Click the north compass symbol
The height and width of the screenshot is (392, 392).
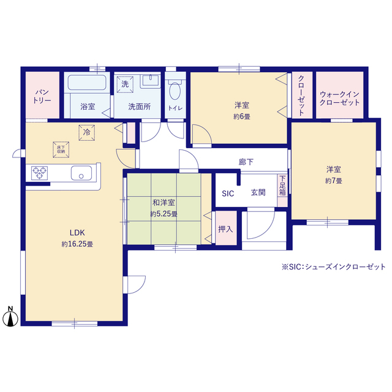(x=10, y=317)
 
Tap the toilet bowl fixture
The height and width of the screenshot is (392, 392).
(x=175, y=89)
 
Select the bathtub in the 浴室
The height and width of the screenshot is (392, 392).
(x=87, y=82)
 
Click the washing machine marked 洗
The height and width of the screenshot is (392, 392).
(x=125, y=85)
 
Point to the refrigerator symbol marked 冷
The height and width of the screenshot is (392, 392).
(x=87, y=132)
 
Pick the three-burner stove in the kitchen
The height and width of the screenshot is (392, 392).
(x=39, y=173)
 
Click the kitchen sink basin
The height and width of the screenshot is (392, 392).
(x=81, y=173)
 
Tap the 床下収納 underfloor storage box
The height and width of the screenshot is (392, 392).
(x=61, y=149)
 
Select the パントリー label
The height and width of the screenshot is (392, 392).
(x=42, y=96)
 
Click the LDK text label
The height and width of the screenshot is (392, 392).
(x=77, y=233)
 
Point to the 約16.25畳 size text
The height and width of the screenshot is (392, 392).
(x=77, y=244)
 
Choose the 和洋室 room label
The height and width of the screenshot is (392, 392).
(x=164, y=203)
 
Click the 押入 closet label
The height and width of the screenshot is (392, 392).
(x=225, y=229)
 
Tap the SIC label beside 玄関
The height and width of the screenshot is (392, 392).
(x=228, y=194)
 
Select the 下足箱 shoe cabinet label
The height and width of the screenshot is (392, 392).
(x=282, y=186)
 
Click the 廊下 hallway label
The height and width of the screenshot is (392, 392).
(x=246, y=162)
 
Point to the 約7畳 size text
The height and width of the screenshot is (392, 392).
(x=334, y=181)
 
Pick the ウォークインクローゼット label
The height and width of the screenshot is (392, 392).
(x=339, y=99)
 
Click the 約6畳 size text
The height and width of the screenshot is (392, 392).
(x=242, y=116)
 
